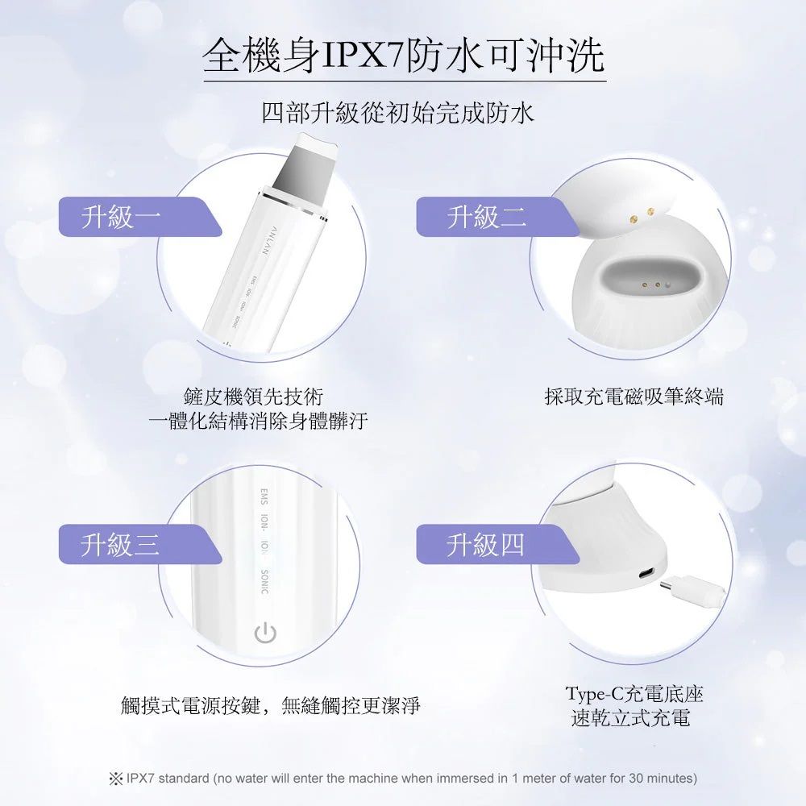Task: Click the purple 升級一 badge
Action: tap(139, 216)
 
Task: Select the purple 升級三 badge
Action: tap(139, 544)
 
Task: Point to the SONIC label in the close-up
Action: tap(264, 582)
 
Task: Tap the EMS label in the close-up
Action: tap(264, 496)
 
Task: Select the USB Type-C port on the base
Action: tap(647, 574)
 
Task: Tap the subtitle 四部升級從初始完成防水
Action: tap(398, 114)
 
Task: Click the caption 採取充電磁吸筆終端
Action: tap(634, 397)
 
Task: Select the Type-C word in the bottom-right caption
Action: tap(595, 694)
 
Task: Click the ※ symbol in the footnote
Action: tap(115, 779)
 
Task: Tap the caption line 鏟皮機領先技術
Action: tap(253, 397)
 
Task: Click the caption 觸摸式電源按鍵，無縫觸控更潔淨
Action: tap(271, 705)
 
